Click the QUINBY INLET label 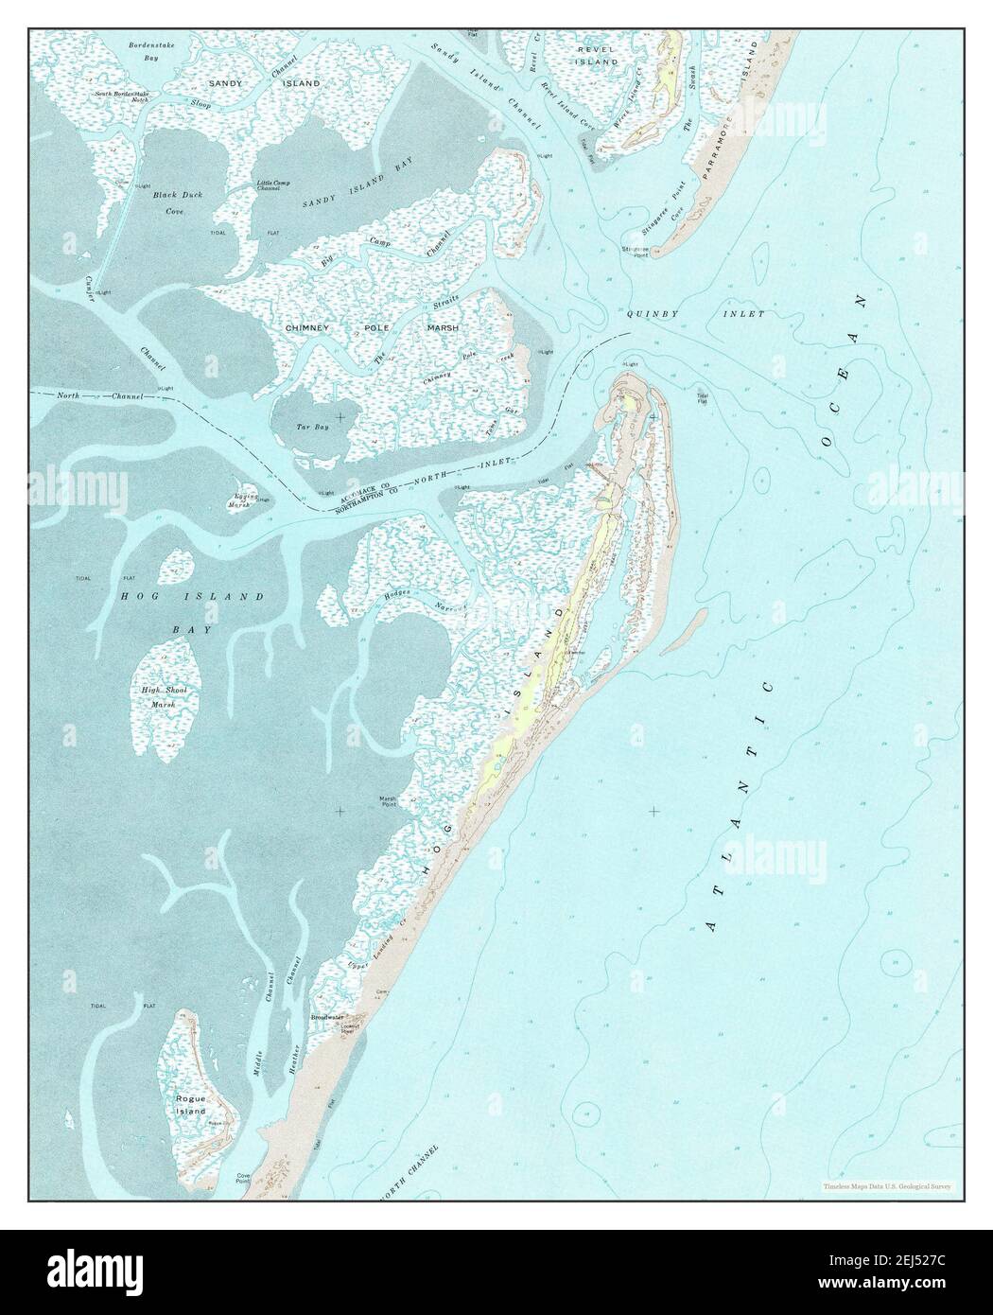695,312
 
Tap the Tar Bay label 313,428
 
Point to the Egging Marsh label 239,501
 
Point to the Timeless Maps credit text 887,1185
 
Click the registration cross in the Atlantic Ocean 653,811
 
